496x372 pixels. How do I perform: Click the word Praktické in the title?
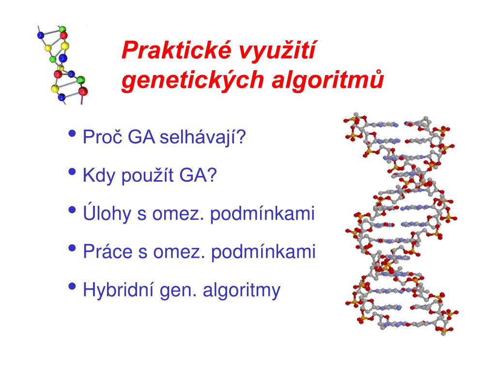(176, 50)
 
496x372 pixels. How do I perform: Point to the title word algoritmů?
(328, 80)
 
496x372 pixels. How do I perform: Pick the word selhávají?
(202, 137)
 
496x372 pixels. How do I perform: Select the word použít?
(147, 175)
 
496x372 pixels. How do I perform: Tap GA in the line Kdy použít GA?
(198, 175)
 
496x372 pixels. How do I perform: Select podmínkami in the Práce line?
(263, 252)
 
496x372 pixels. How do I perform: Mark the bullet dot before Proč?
(72, 134)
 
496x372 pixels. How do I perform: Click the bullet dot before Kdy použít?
(72, 172)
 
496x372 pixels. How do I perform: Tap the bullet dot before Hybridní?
(72, 286)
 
